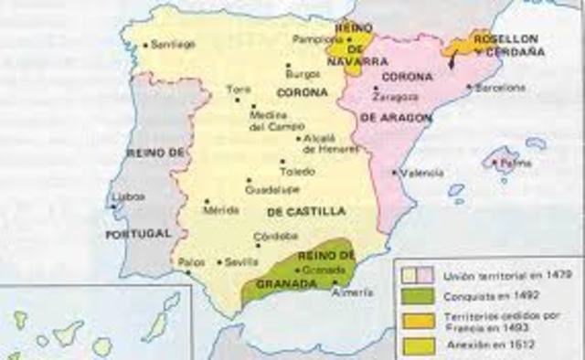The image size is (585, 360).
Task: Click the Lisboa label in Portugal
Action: coord(128,196)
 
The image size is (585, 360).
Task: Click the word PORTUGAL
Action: coord(138,234)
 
